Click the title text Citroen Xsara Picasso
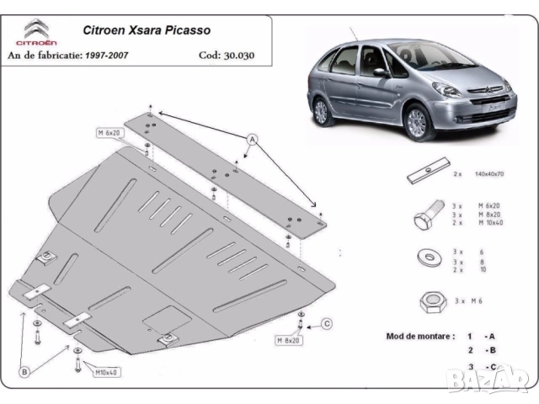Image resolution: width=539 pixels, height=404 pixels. [x=146, y=30]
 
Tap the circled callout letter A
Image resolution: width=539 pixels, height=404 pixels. [x=251, y=138]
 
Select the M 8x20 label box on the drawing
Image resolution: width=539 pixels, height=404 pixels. [x=287, y=340]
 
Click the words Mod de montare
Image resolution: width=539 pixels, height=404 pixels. [x=419, y=335]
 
